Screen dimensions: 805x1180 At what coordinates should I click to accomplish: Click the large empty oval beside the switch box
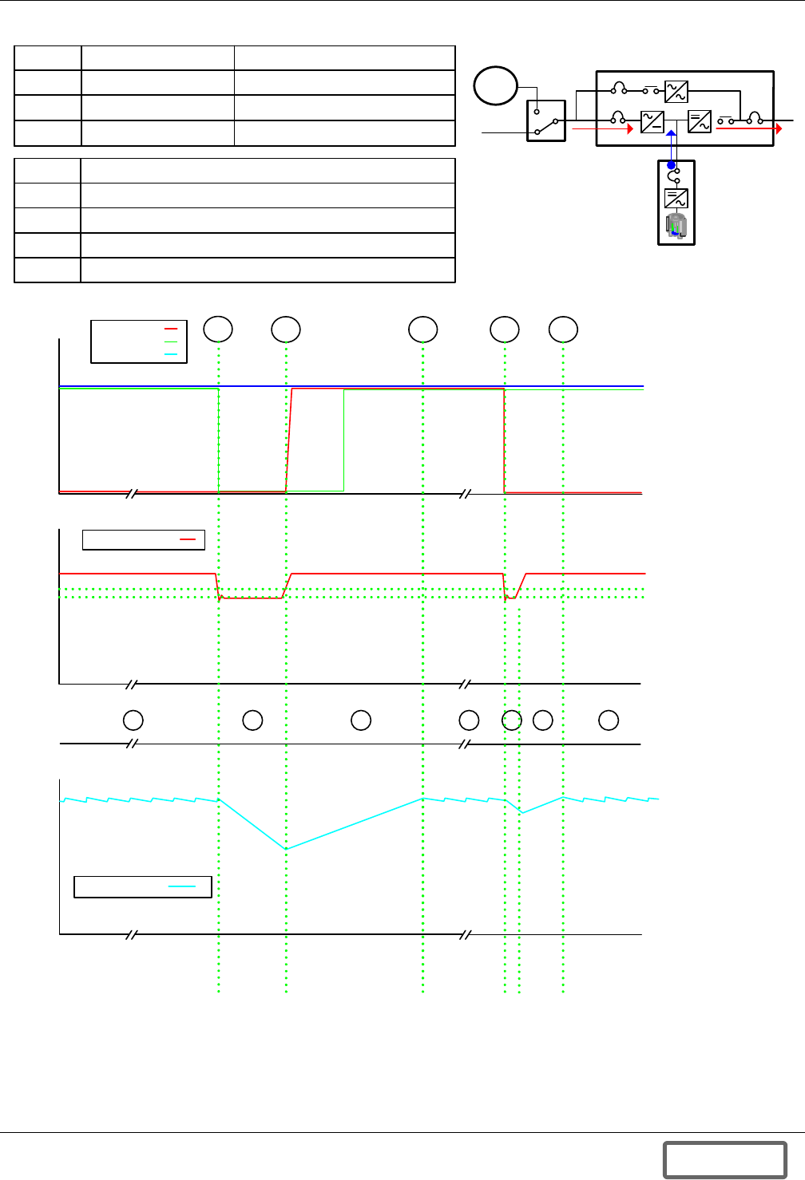(495, 86)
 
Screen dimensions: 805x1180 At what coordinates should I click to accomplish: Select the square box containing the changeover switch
(546, 120)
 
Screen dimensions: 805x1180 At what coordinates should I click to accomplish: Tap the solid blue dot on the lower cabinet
(672, 164)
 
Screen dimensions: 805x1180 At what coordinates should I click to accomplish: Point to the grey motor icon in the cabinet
(676, 226)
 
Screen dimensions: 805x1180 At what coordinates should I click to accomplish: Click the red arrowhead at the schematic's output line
(779, 128)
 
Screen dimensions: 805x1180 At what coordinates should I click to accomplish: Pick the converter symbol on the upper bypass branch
(676, 92)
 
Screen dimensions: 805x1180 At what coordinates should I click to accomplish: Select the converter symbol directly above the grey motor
(676, 198)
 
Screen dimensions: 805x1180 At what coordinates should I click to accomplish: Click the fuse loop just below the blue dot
(673, 176)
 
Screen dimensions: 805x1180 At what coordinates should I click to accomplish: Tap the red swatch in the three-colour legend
(171, 329)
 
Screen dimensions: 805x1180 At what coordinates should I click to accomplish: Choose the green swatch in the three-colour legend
(171, 341)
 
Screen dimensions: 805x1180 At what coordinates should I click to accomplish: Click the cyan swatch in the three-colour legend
(171, 353)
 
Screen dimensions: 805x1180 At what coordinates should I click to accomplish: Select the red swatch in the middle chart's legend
(188, 540)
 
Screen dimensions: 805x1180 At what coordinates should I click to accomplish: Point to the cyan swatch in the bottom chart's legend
(182, 886)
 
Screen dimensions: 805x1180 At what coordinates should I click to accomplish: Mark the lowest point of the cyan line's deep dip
(287, 848)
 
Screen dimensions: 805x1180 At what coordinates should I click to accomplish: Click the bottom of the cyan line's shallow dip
(521, 812)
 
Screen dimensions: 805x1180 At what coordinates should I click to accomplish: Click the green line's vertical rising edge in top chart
(343, 439)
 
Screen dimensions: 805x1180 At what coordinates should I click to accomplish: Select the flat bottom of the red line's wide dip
(252, 598)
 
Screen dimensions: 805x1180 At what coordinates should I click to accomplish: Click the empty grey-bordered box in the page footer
(724, 1159)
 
